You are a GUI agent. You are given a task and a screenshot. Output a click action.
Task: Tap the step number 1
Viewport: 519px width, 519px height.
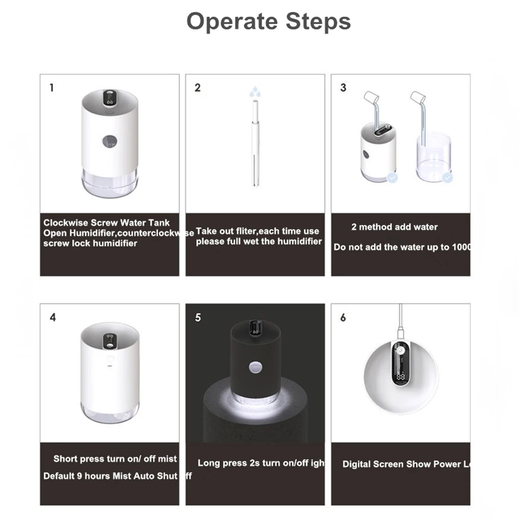click(51, 88)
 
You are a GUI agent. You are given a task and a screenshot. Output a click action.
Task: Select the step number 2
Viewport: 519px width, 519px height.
click(197, 88)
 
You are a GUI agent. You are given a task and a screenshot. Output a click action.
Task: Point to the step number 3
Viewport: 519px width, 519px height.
click(343, 88)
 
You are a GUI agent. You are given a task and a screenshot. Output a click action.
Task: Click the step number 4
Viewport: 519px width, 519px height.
click(52, 318)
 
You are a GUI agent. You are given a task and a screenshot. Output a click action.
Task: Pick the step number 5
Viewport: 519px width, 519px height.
click(198, 318)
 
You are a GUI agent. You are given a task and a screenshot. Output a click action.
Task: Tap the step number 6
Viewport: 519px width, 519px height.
click(343, 318)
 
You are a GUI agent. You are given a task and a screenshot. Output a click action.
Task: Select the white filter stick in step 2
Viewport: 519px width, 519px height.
click(255, 145)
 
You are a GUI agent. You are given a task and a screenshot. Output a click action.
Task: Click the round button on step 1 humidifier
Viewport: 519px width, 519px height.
click(110, 141)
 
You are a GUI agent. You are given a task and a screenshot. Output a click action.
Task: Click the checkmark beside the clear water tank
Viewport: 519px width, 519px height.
click(447, 178)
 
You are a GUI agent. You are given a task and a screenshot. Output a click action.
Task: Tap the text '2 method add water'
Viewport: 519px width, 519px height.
click(394, 227)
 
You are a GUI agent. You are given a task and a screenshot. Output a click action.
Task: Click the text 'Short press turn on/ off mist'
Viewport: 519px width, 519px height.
click(115, 459)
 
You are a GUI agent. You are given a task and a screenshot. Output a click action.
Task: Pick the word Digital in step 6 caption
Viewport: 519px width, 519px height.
click(357, 464)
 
